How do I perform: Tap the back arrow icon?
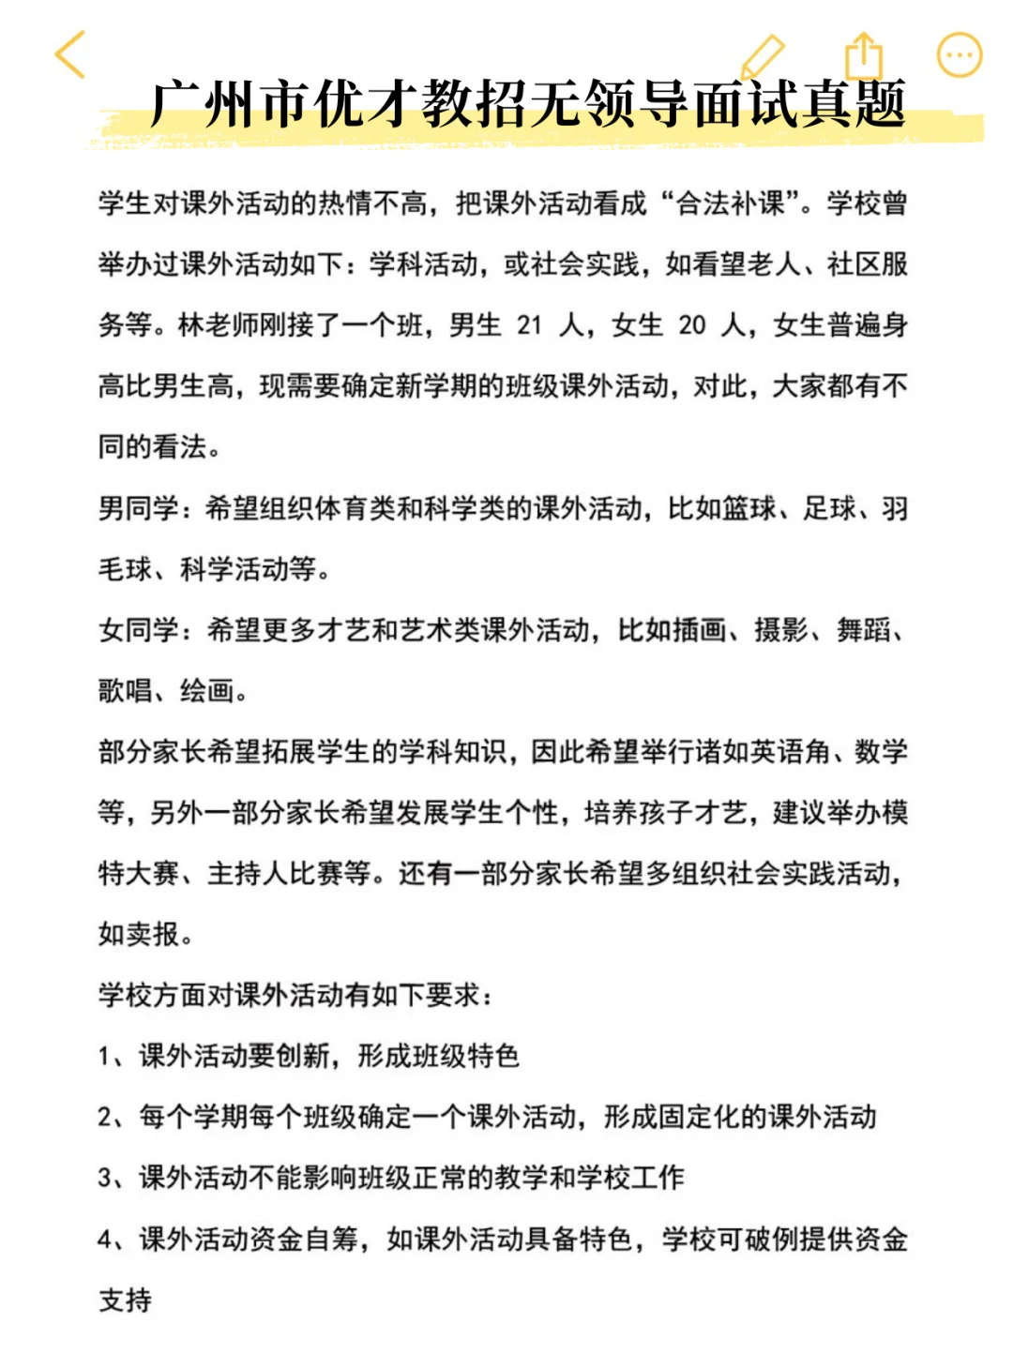71,54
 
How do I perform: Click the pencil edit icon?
762,56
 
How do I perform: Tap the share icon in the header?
864,56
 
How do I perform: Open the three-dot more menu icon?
960,55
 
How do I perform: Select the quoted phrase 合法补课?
731,203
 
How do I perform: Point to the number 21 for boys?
530,325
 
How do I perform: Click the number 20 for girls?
692,325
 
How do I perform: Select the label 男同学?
138,508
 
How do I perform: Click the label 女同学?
138,630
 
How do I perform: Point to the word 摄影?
781,630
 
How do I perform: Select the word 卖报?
152,935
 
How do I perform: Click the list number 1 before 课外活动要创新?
104,1057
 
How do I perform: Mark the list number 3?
105,1179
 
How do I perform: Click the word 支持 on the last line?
125,1300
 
